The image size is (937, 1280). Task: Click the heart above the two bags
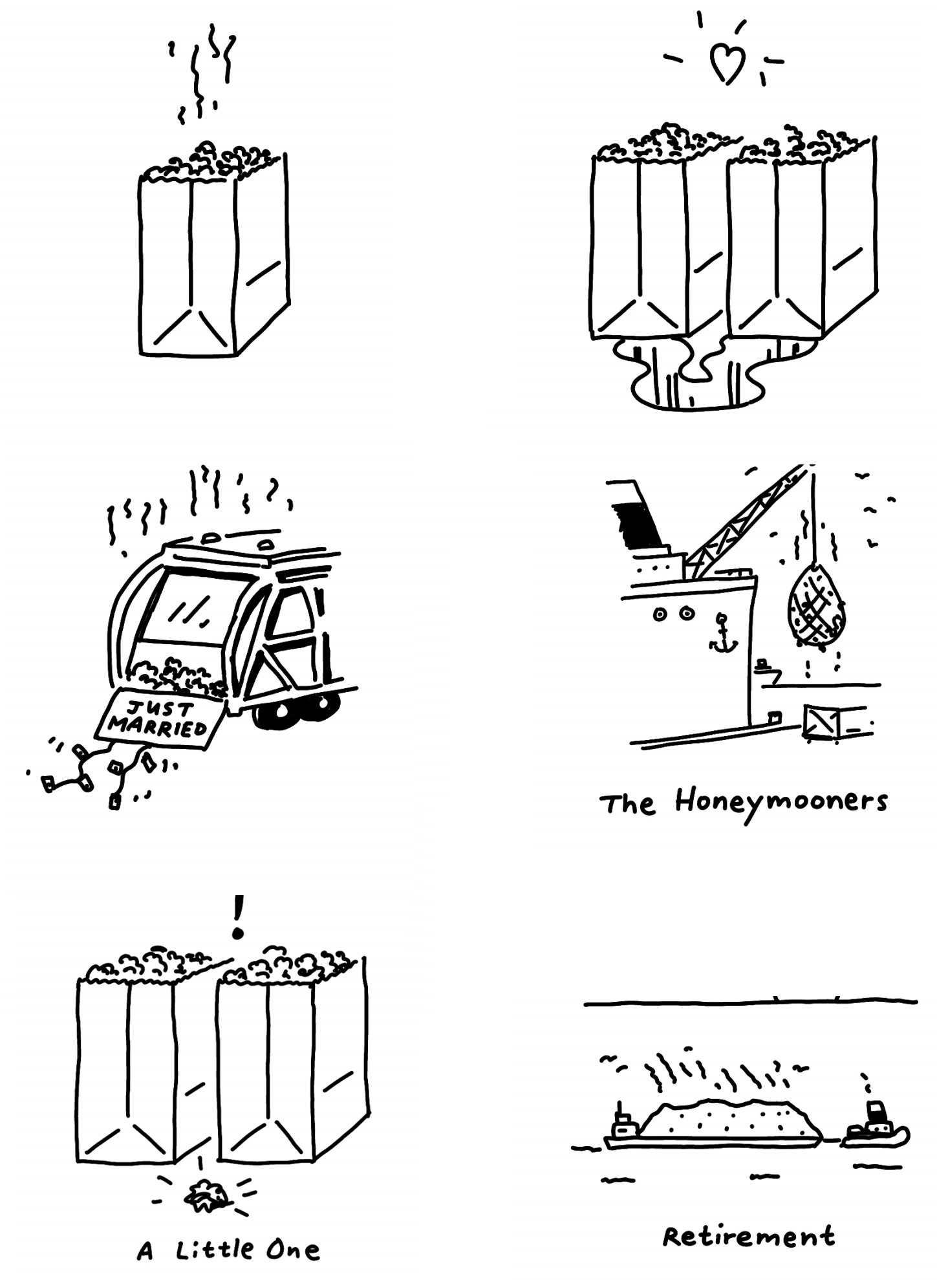[727, 65]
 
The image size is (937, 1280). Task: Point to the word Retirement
[749, 1237]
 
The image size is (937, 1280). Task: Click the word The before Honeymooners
[627, 805]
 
